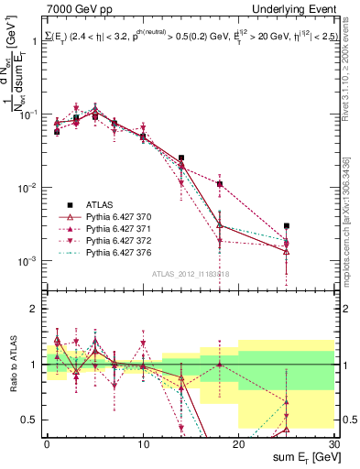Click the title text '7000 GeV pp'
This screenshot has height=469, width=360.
click(x=75, y=9)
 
